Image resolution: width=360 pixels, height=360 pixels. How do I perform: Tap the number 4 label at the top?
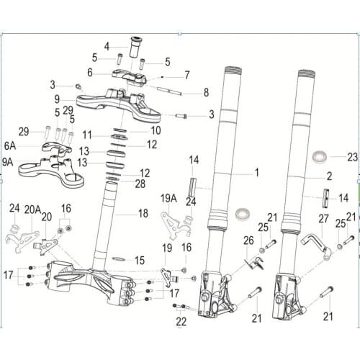[x=107, y=46]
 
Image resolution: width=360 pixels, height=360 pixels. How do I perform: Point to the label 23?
[x=351, y=156]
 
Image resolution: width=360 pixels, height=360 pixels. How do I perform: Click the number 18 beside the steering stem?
[x=144, y=214]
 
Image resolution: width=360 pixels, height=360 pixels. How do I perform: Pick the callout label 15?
[x=140, y=260]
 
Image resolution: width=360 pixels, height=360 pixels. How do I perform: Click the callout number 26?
[x=248, y=240]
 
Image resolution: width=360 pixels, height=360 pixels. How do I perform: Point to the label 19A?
[x=168, y=197]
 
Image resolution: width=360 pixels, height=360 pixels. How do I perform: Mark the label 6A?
[x=9, y=145]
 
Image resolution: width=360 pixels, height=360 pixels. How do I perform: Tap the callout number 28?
[x=140, y=184]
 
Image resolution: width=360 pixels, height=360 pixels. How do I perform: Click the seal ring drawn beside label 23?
[x=320, y=156]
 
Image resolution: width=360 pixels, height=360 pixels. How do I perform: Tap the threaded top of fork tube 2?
[x=304, y=75]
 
